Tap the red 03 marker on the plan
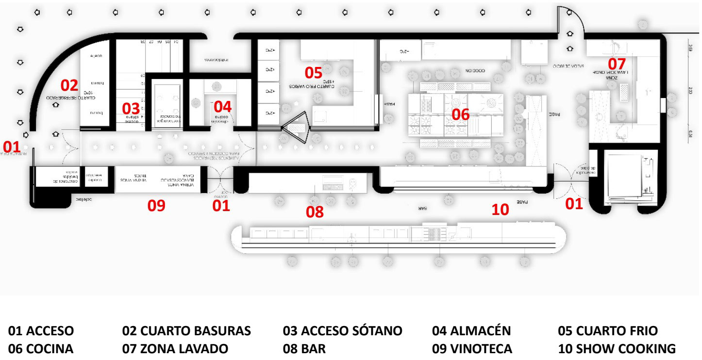tap(131, 108)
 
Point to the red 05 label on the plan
tap(313, 73)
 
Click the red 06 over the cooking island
tap(461, 114)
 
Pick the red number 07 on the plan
tap(617, 64)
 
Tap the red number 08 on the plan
tap(315, 212)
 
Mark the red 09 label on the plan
tap(156, 206)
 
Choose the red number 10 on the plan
tap(500, 210)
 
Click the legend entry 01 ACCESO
tap(41, 331)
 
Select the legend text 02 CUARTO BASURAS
tap(186, 331)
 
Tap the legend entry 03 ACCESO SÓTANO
tap(342, 331)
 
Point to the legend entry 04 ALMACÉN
tap(471, 331)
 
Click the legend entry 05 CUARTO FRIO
tap(608, 331)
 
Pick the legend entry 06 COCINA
tap(41, 349)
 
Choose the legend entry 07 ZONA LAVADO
tap(175, 349)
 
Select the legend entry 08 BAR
tap(304, 349)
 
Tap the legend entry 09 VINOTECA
tap(472, 349)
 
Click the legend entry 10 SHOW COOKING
tap(617, 349)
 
